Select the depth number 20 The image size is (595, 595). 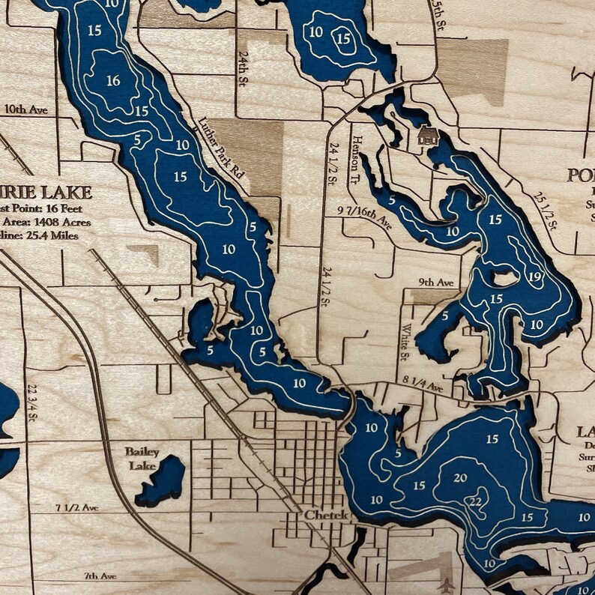[460, 478]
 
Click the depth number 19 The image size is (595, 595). [534, 278]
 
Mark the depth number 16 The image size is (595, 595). [113, 81]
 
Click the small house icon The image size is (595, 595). [427, 136]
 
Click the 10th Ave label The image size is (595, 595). [25, 110]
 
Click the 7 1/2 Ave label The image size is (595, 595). [76, 508]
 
